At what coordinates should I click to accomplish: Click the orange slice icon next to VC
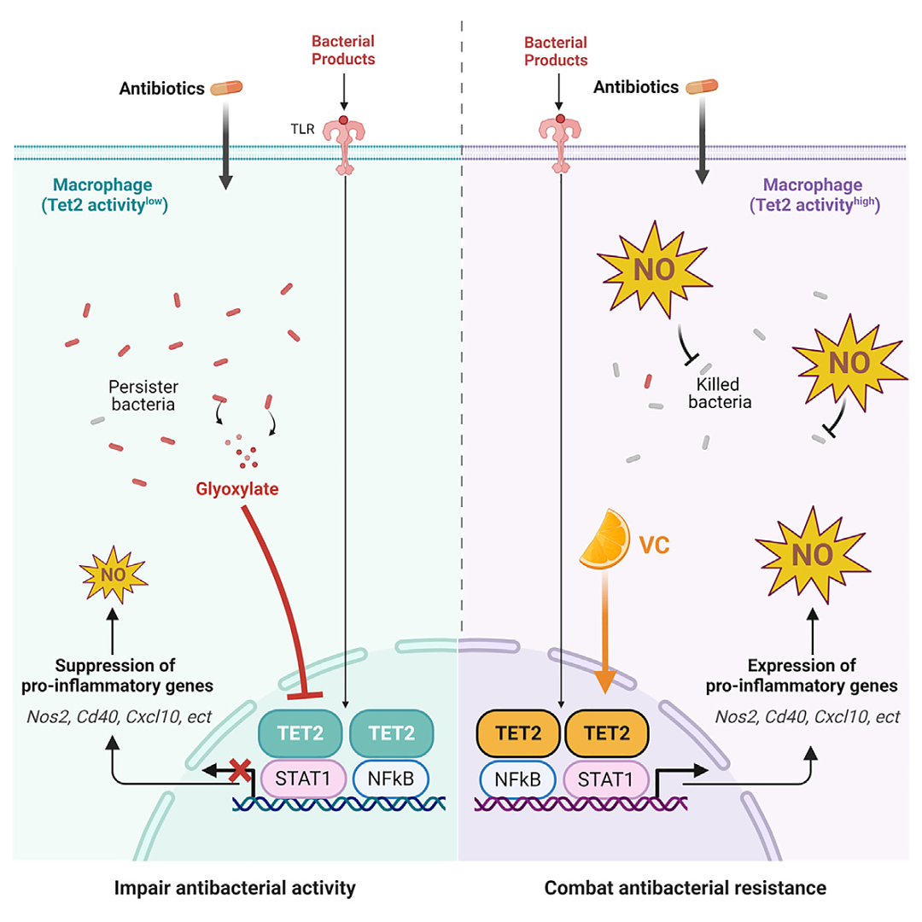pyautogui.click(x=604, y=541)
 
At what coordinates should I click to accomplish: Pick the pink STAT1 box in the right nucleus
pyautogui.click(x=607, y=779)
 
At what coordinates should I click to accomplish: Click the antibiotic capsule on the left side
pyautogui.click(x=226, y=87)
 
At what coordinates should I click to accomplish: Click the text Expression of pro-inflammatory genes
pyautogui.click(x=811, y=674)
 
